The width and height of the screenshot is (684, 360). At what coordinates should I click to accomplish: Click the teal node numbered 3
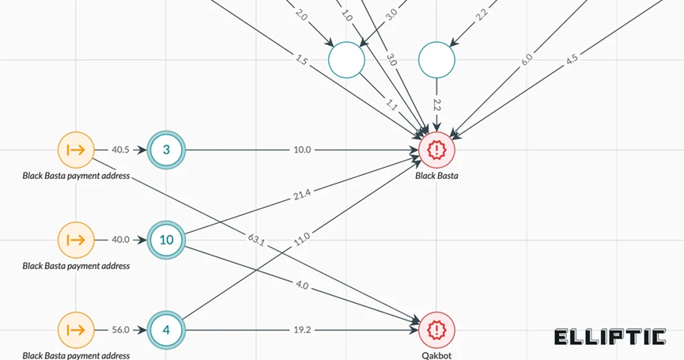coord(166,150)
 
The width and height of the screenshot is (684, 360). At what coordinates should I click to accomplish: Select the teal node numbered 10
coord(166,239)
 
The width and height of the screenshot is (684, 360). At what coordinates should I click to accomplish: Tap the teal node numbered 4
coord(166,329)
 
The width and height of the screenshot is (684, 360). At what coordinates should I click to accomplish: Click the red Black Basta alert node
coord(436,150)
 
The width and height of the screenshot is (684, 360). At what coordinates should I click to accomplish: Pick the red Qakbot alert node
coord(436,329)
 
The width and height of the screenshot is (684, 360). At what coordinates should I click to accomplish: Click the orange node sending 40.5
coord(76,150)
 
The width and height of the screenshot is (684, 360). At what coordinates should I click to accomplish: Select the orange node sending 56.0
coord(76,329)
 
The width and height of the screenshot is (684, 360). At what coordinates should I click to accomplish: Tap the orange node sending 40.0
coord(76,239)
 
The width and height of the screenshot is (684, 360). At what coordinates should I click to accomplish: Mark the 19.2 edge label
coord(301,329)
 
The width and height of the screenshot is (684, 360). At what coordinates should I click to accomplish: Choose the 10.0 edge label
coord(301,150)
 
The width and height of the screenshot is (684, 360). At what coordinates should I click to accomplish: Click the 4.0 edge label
coord(301,284)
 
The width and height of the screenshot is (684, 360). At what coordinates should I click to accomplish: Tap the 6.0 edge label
coord(527,59)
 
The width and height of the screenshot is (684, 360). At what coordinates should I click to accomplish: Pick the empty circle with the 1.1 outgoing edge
coord(346,59)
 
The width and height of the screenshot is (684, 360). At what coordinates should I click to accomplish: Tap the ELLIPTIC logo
coord(610,338)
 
